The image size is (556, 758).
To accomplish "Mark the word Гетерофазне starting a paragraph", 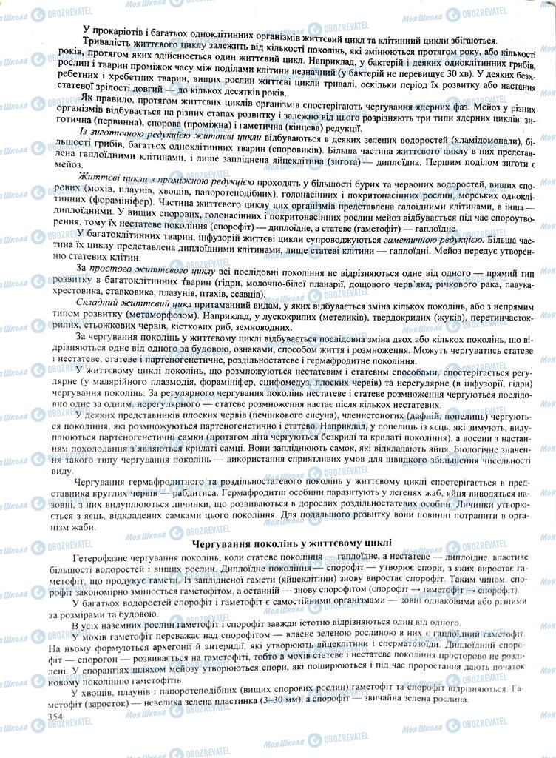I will click(x=104, y=555).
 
